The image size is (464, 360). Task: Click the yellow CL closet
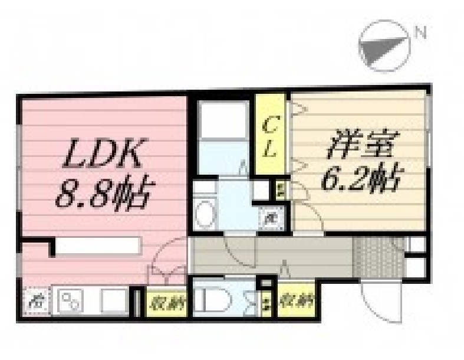(x=269, y=136)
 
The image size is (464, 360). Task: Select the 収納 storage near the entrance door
(x=296, y=302)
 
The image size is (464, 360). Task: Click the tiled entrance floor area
(x=377, y=254)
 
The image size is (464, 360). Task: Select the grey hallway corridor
(x=271, y=254)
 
